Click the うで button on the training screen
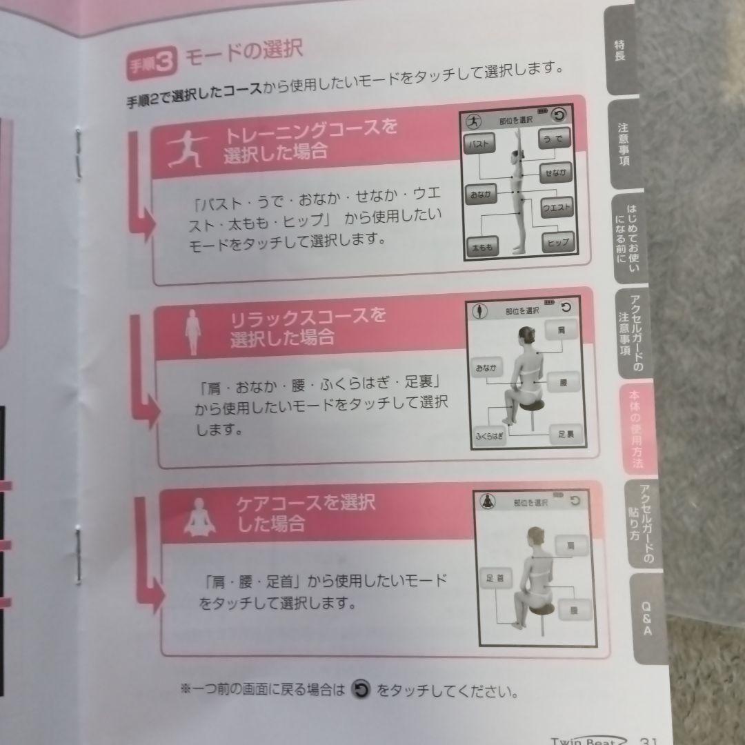click(x=553, y=139)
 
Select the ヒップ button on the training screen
click(x=557, y=242)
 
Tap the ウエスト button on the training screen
click(x=556, y=206)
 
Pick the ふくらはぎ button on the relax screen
click(x=489, y=436)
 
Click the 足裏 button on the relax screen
click(x=566, y=435)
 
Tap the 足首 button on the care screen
click(x=495, y=578)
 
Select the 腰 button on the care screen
click(x=574, y=610)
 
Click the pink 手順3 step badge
click(x=152, y=65)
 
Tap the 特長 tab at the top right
click(x=619, y=52)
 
